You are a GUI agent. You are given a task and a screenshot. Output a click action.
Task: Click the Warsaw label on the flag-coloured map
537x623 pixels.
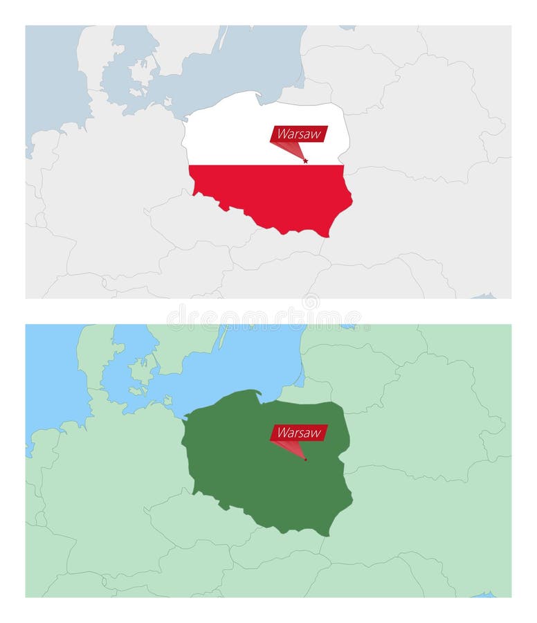(x=298, y=134)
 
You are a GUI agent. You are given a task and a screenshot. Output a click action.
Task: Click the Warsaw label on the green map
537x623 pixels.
(x=299, y=433)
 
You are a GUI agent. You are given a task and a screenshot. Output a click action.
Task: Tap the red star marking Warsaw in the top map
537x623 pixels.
(x=305, y=161)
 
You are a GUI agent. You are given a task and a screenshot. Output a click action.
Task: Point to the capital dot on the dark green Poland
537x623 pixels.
(x=305, y=460)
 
